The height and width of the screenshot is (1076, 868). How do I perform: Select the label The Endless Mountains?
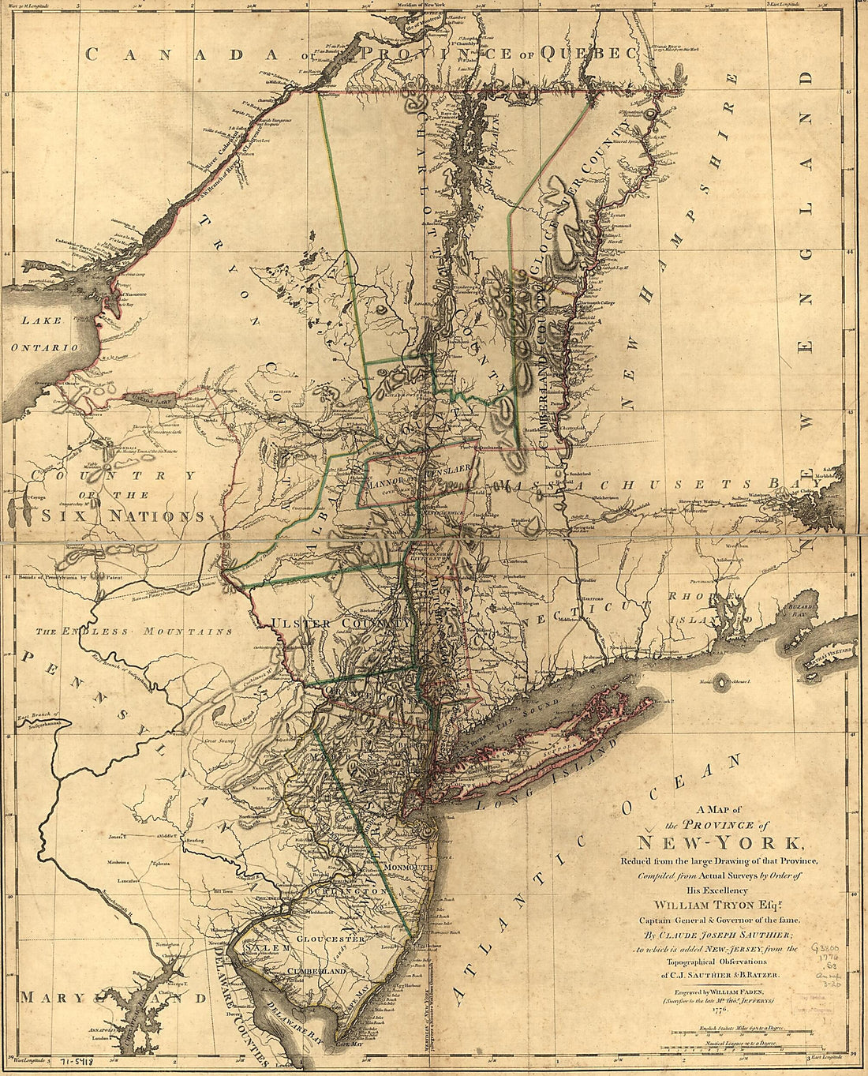click(x=134, y=632)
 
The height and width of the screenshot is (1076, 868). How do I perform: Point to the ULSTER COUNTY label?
click(x=342, y=624)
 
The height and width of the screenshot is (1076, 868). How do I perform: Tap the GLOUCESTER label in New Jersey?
click(x=331, y=939)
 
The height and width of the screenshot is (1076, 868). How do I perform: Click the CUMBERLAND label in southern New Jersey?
click(x=316, y=970)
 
